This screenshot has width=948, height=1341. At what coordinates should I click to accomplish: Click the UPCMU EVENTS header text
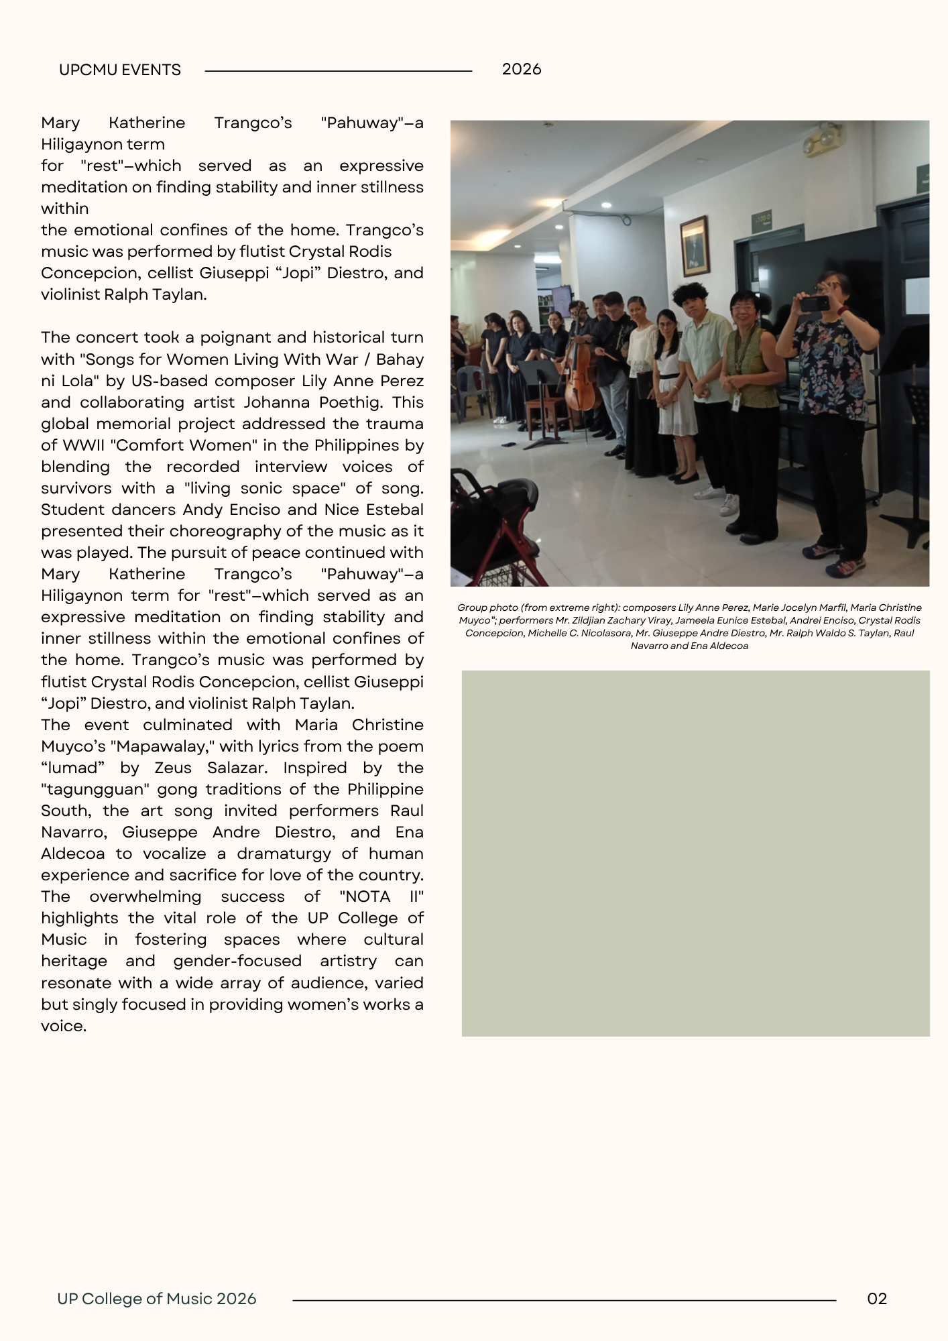coord(119,70)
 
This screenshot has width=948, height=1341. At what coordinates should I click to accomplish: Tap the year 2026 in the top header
coord(521,69)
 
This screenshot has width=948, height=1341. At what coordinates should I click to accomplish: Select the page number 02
coord(877,1299)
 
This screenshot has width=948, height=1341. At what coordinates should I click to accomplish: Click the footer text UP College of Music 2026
coord(157,1299)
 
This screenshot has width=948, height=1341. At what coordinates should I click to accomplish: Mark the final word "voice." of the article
coord(64,1026)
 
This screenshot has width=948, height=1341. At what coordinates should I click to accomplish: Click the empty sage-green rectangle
coord(695,853)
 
